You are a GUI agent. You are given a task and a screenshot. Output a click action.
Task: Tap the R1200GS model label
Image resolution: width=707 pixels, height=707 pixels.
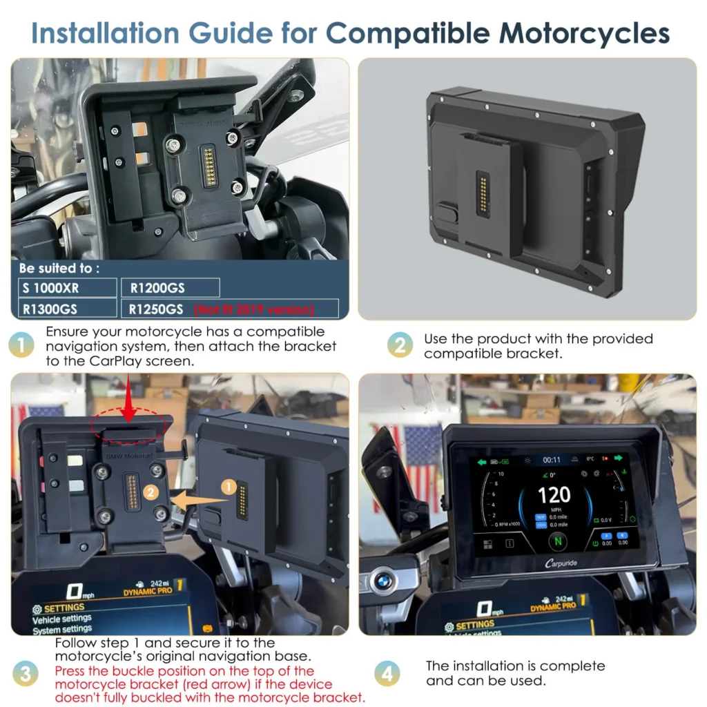[157, 288]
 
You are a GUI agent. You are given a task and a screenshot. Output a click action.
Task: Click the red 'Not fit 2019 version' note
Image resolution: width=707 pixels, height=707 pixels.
[254, 309]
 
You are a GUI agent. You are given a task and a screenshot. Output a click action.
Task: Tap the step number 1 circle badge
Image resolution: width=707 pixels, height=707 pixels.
[23, 345]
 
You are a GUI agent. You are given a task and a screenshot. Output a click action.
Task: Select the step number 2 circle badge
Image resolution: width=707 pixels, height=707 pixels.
[400, 345]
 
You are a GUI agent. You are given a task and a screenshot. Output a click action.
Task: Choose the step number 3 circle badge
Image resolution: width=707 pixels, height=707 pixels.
[26, 672]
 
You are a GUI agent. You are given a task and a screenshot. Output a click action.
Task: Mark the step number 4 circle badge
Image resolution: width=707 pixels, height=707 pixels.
[386, 672]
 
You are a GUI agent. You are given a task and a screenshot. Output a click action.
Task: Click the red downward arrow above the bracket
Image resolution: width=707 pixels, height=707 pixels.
[129, 412]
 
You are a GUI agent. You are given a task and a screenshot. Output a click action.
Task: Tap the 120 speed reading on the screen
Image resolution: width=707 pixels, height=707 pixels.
[554, 494]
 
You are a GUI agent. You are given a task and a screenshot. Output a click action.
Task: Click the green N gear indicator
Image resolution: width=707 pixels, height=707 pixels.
[557, 541]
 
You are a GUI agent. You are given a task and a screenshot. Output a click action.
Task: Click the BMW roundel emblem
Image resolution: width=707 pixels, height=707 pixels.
[385, 580]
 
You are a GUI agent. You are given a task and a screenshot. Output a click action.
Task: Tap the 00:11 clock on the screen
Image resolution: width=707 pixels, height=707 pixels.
[552, 460]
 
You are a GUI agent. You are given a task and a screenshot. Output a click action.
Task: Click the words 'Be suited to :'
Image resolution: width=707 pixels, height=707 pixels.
[59, 268]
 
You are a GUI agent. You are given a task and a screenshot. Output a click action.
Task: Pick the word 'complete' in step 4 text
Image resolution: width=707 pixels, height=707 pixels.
[573, 666]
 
